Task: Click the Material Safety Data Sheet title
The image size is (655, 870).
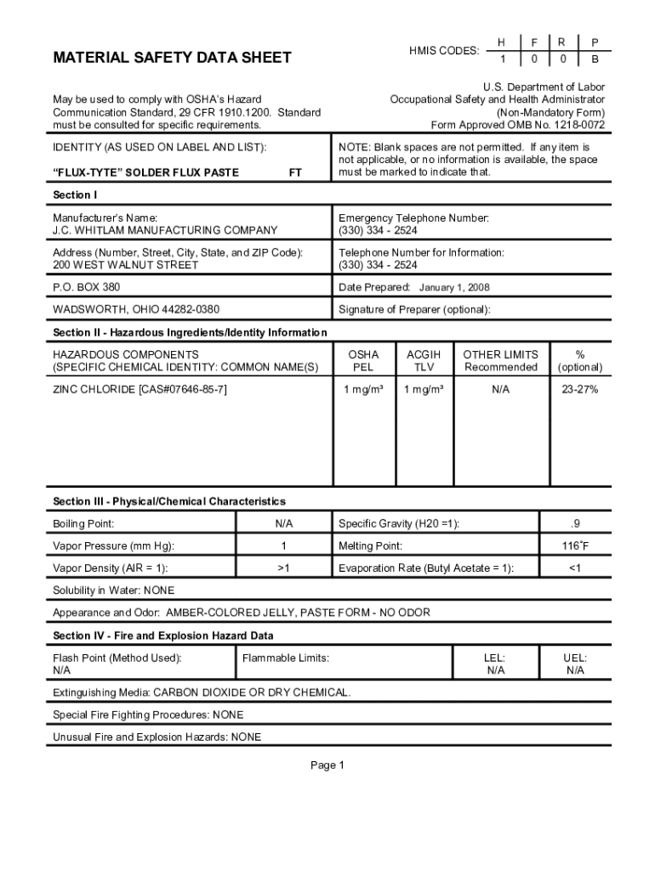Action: tap(172, 58)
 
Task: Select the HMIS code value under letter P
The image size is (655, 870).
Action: tap(595, 59)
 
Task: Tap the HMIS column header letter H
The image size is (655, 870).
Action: tap(502, 42)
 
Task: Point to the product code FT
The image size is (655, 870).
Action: tap(295, 172)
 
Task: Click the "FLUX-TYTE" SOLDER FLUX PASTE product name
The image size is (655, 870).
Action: tap(145, 172)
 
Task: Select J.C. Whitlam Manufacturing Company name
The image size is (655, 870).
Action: tap(165, 230)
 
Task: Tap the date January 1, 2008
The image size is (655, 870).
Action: tap(454, 288)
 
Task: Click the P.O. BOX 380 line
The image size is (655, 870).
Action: tap(87, 287)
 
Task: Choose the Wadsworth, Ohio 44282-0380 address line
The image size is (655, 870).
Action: tap(136, 309)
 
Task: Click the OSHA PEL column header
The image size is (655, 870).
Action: tap(363, 361)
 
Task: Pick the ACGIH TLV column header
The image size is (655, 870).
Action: tap(424, 361)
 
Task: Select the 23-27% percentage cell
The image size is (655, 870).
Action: tap(579, 389)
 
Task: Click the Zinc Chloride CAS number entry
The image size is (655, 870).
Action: tap(140, 389)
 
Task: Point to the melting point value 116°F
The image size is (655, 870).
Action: tap(575, 546)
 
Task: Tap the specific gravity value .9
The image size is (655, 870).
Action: tap(575, 524)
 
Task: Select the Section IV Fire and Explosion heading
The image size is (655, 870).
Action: tap(162, 636)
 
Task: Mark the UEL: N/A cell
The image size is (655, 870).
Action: tap(575, 664)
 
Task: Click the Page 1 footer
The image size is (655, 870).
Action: tap(327, 765)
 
